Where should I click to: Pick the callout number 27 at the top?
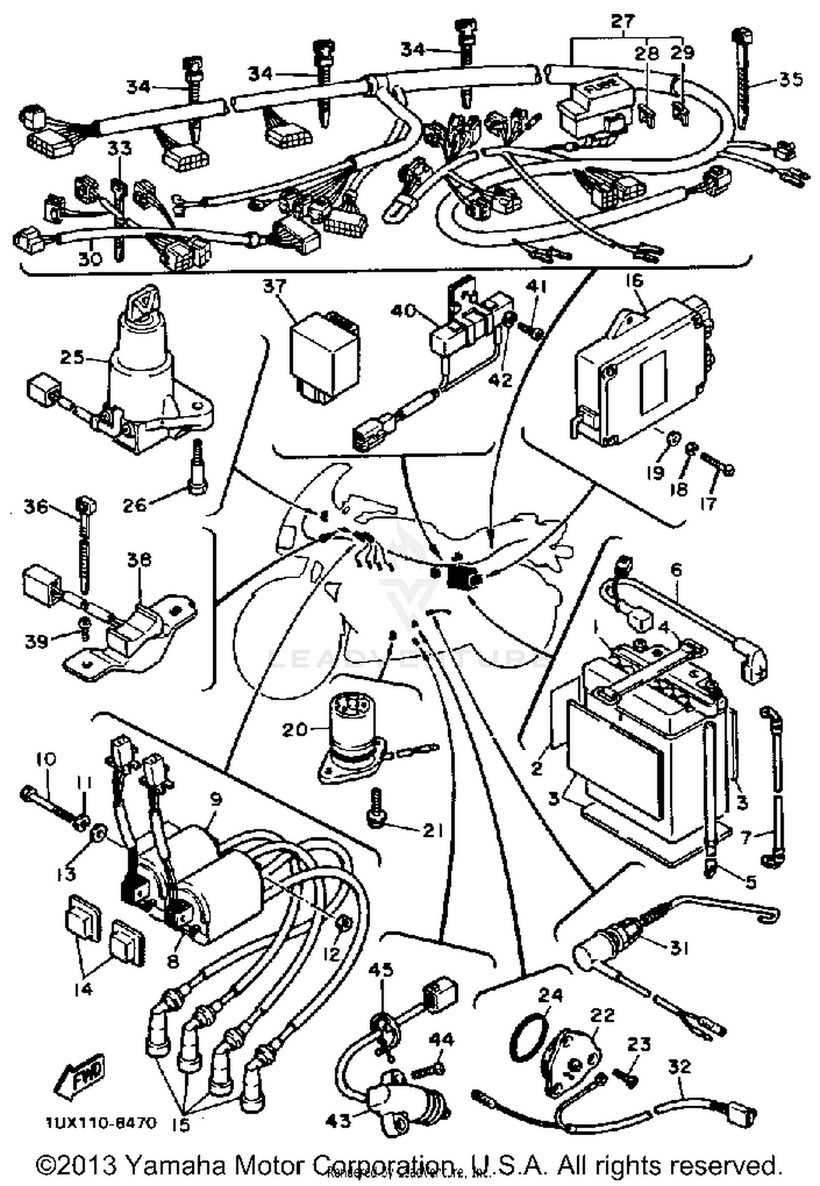point(623,22)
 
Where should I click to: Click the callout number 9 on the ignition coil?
point(216,800)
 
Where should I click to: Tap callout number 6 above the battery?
point(676,570)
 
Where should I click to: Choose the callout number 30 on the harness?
point(91,258)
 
